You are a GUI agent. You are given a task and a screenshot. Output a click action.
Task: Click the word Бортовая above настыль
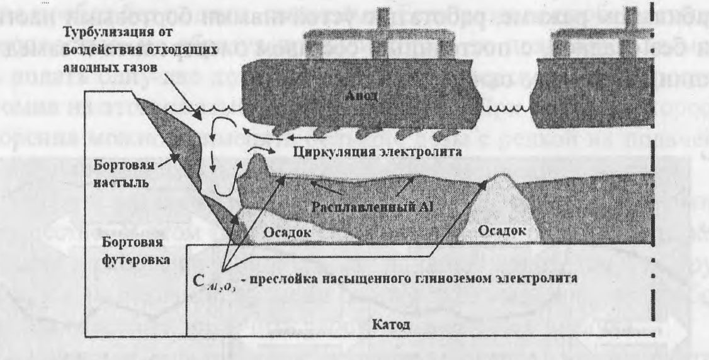119,167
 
